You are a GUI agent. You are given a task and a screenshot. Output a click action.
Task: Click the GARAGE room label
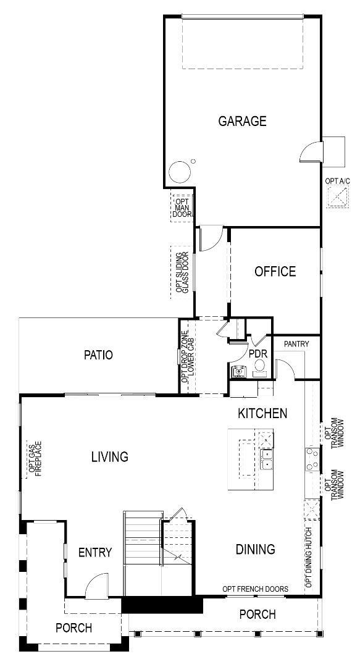coord(242,121)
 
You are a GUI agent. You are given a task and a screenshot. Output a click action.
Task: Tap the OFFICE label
coord(275,271)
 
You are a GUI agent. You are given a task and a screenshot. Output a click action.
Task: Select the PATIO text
coord(98,355)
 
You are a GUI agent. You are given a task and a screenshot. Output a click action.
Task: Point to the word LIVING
coord(110,457)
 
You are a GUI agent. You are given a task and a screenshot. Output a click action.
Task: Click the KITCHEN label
coord(262,413)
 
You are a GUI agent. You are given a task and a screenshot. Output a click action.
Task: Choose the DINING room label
coord(255,549)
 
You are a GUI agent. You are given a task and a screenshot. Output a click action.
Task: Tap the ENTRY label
coord(95,552)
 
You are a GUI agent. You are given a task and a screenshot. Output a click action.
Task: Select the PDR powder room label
coord(257,354)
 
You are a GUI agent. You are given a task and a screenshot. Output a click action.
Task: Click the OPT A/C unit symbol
coord(337,198)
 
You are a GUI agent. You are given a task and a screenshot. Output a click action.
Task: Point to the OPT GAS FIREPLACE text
coord(35,458)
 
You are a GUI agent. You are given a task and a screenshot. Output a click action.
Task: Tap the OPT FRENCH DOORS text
coord(255,589)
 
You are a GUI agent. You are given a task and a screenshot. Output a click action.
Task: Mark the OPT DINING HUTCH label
coord(309,557)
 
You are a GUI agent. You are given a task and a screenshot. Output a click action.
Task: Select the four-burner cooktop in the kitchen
coord(312,460)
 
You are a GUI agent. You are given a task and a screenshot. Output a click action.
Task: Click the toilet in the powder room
coord(260,367)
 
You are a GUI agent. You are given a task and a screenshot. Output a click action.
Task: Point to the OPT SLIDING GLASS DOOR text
coord(182,272)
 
